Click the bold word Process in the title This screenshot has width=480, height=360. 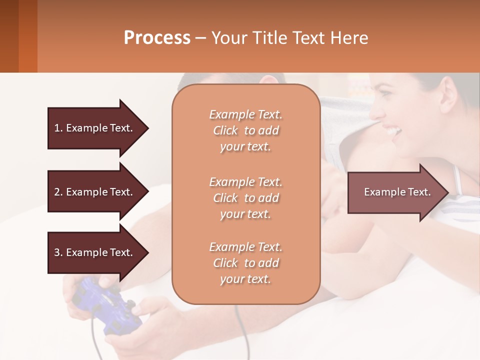[157, 37]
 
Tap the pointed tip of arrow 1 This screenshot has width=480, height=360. [147, 128]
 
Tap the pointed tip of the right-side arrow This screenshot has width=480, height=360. [447, 192]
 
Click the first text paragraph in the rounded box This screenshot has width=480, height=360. [245, 130]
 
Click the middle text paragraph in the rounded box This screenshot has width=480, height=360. [245, 197]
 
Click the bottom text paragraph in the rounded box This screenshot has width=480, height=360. [245, 263]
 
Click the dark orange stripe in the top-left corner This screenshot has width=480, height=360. [27, 36]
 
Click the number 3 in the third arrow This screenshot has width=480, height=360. [57, 252]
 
